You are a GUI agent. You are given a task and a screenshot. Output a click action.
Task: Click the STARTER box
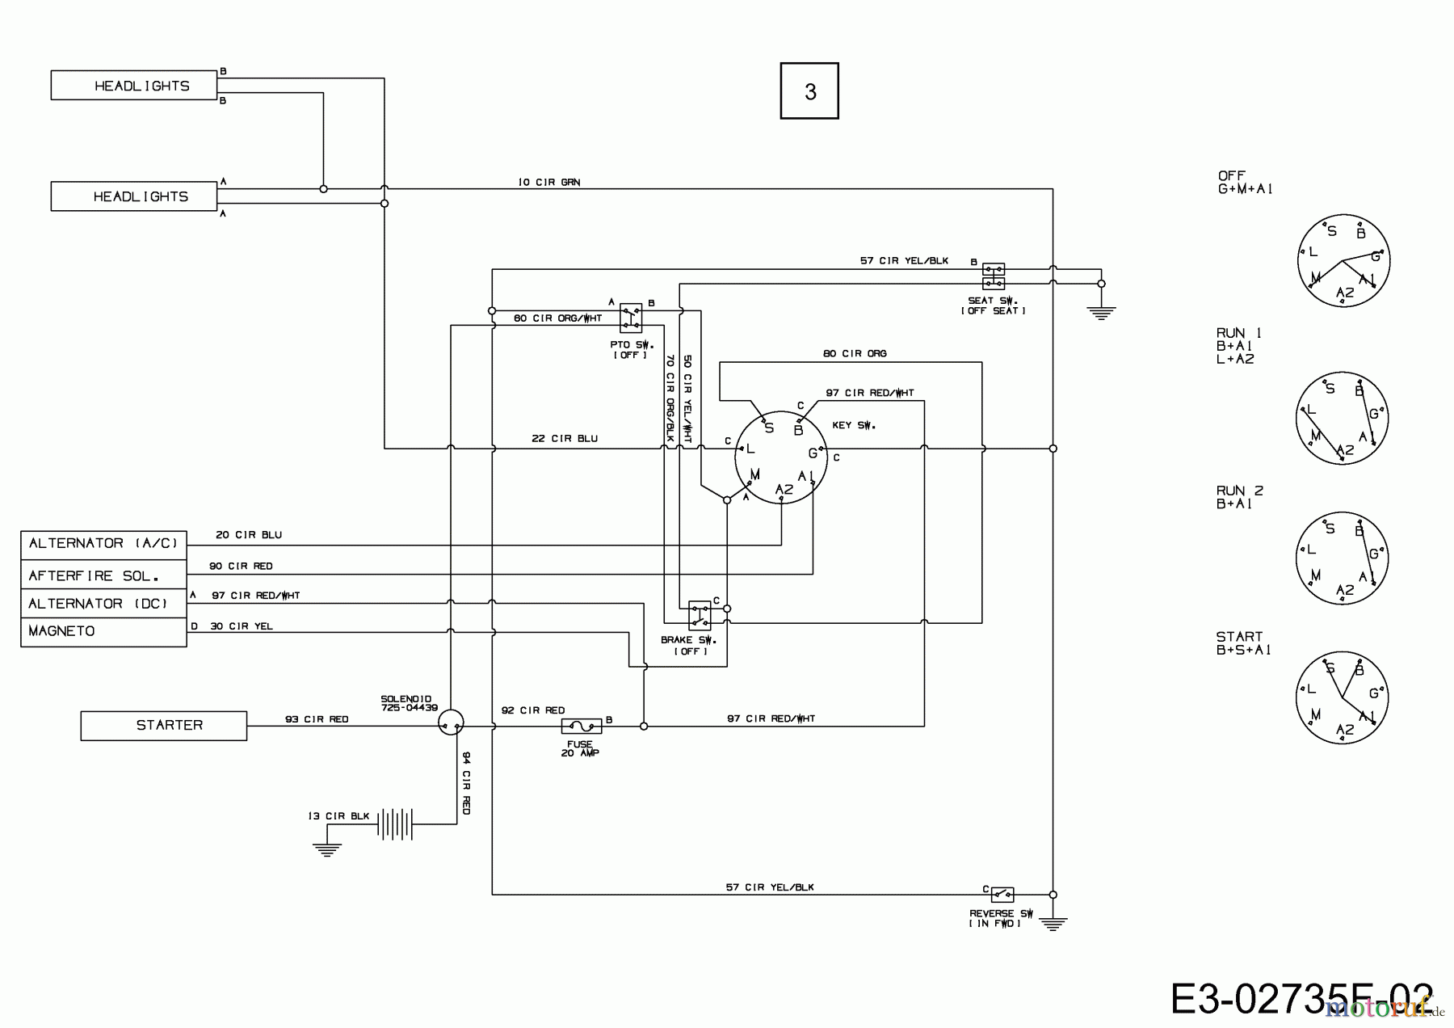tap(164, 726)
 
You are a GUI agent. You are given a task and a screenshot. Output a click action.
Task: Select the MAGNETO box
tap(103, 631)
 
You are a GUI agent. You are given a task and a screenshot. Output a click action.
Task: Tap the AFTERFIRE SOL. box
tap(103, 575)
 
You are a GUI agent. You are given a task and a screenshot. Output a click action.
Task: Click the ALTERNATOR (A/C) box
tap(103, 544)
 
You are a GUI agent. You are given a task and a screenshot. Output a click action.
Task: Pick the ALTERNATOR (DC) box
tap(103, 604)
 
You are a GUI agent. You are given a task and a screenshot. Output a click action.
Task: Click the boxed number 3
tap(809, 91)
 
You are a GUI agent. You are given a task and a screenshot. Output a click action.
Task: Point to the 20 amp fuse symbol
tap(581, 727)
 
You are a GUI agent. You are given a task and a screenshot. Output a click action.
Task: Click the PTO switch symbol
tap(631, 318)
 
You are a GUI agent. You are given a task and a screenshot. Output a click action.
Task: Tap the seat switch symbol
tap(994, 276)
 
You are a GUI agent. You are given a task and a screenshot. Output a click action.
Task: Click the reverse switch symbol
tap(1002, 895)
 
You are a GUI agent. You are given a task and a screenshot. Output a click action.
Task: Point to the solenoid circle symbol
tap(451, 723)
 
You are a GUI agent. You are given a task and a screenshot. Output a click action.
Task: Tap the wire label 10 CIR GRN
tap(549, 183)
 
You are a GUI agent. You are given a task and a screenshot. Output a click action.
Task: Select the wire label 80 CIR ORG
tap(855, 354)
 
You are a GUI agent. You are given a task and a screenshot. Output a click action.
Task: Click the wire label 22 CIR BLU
tap(565, 439)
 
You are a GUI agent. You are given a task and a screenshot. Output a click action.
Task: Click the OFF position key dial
tap(1343, 261)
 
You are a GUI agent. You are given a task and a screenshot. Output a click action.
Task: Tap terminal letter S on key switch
tap(769, 428)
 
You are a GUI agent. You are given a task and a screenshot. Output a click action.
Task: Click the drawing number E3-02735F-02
tap(1301, 999)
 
